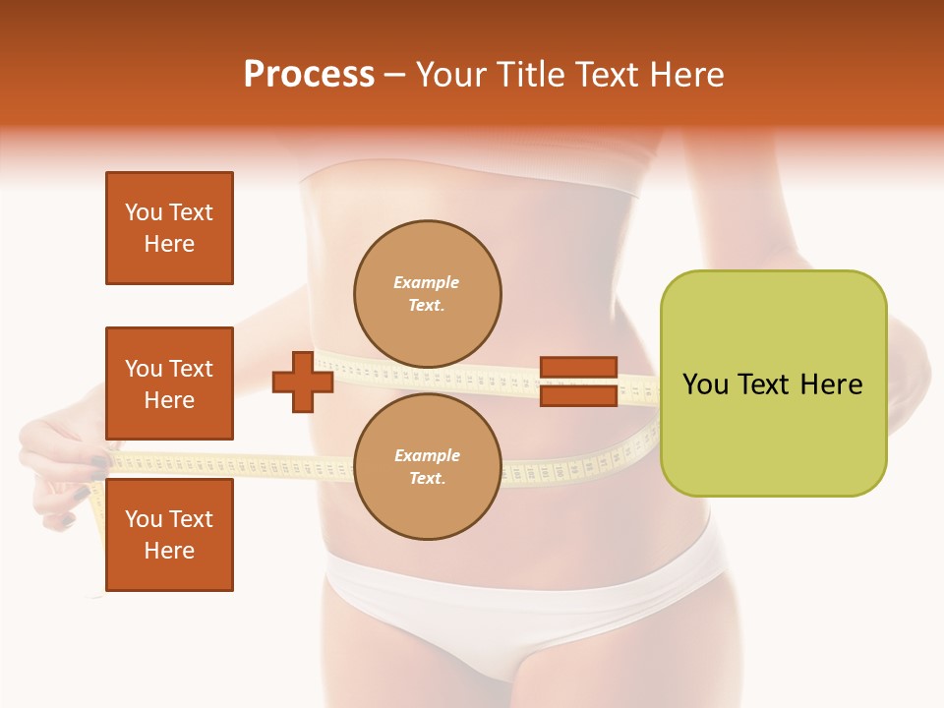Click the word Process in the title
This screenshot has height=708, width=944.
coord(309,75)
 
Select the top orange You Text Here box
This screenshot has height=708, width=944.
coord(169,228)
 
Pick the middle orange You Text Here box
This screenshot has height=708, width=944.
coord(169,383)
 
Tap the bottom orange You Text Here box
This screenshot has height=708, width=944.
coord(169,535)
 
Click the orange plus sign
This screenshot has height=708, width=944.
coord(303,382)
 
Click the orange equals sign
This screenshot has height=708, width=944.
coord(578,382)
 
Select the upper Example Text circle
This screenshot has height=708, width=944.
coord(427,294)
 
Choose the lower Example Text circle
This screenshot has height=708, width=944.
coord(427,467)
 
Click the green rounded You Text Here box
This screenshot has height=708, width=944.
coord(773,383)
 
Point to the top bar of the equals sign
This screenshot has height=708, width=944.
coord(578,368)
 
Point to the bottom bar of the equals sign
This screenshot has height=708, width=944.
coord(578,395)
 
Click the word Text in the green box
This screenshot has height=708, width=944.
coord(764,384)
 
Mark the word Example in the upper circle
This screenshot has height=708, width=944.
coord(427,283)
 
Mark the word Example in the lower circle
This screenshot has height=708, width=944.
coord(427,456)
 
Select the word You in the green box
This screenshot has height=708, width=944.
coord(705,384)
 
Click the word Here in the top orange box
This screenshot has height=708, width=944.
coord(169,244)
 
